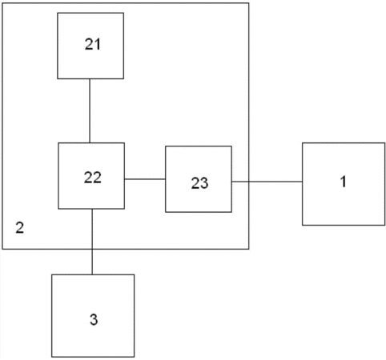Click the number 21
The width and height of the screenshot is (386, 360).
point(93,44)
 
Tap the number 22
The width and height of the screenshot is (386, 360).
point(93,178)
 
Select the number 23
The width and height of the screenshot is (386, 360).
point(199,183)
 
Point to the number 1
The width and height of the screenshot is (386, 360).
point(344,182)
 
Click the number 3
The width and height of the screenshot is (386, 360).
point(94,319)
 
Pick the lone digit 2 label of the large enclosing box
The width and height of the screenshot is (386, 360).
point(20,227)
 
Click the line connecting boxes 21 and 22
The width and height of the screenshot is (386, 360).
point(90,110)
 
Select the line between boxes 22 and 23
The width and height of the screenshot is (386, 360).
point(145,179)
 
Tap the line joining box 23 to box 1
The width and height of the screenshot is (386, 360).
point(267,182)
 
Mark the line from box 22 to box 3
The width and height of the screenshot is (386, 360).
point(92,242)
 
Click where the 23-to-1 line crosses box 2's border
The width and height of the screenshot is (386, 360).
point(249,182)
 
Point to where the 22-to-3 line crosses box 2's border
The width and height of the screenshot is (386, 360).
point(92,249)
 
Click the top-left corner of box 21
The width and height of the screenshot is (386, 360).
point(58,13)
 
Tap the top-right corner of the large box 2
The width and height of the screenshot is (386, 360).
point(249,3)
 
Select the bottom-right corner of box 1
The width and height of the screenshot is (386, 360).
point(384,225)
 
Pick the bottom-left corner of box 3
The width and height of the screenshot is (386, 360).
point(52,357)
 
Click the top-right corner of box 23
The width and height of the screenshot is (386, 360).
point(231,146)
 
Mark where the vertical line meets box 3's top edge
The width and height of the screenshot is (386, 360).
point(92,274)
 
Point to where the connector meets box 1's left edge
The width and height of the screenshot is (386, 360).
point(303,182)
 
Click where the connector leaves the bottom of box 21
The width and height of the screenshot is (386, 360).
point(90,78)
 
